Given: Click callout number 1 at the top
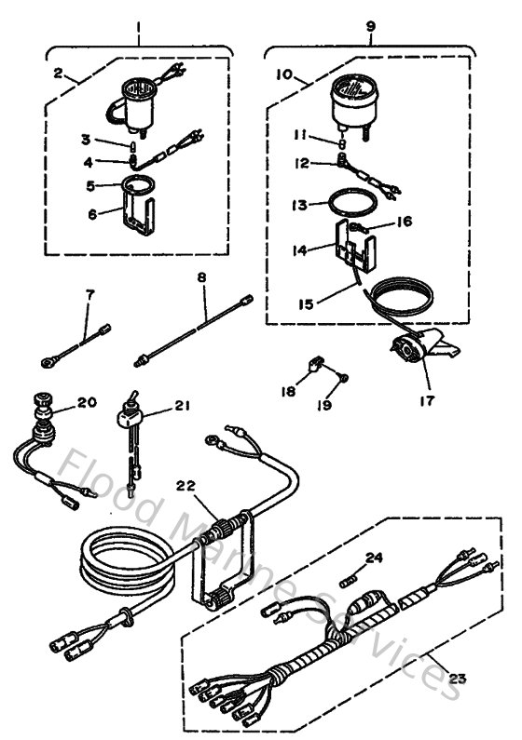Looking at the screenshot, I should pyautogui.click(x=139, y=17).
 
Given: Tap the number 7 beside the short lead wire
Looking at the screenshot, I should pyautogui.click(x=89, y=294).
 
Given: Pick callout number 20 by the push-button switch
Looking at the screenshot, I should pyautogui.click(x=87, y=403).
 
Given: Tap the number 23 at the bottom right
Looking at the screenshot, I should pyautogui.click(x=456, y=678).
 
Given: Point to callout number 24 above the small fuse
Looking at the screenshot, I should pyautogui.click(x=374, y=558).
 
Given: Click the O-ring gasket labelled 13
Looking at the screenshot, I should pyautogui.click(x=355, y=200).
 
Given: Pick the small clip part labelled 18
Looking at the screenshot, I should pyautogui.click(x=315, y=363).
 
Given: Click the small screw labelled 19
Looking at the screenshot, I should pyautogui.click(x=344, y=377).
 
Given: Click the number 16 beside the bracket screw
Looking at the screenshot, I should pyautogui.click(x=404, y=222).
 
